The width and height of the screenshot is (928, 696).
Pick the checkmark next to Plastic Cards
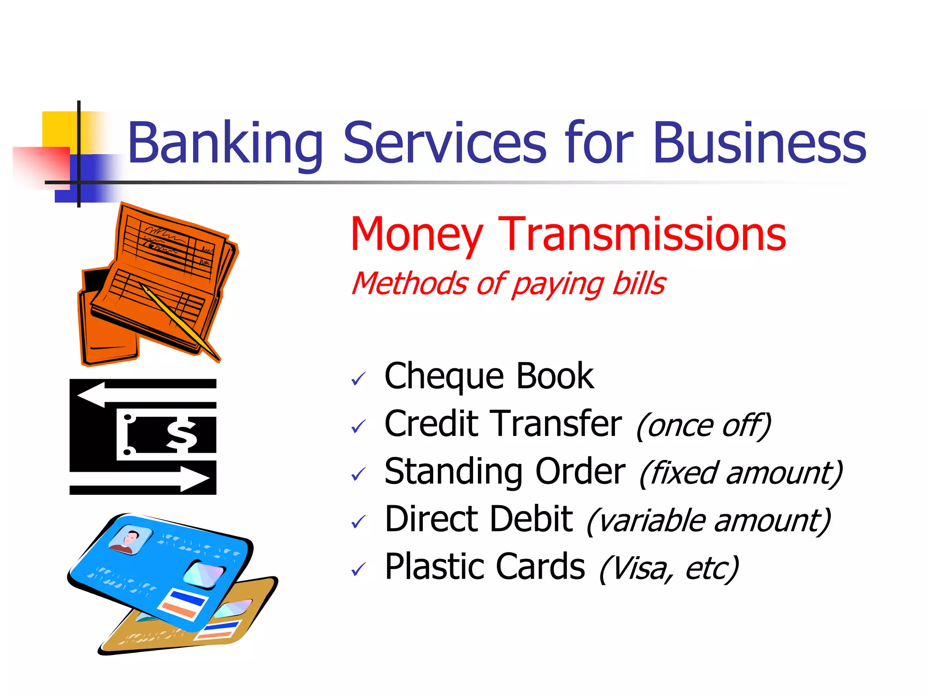pos(358,570)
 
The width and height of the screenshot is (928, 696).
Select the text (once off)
pos(704,426)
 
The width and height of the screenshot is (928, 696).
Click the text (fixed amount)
pos(741,474)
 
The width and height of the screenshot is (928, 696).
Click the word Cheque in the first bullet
pos(444,377)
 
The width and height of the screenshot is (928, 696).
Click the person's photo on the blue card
pos(130,541)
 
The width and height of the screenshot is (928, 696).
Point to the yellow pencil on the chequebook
pos(179,322)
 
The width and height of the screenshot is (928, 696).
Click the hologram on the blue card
pos(203,574)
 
